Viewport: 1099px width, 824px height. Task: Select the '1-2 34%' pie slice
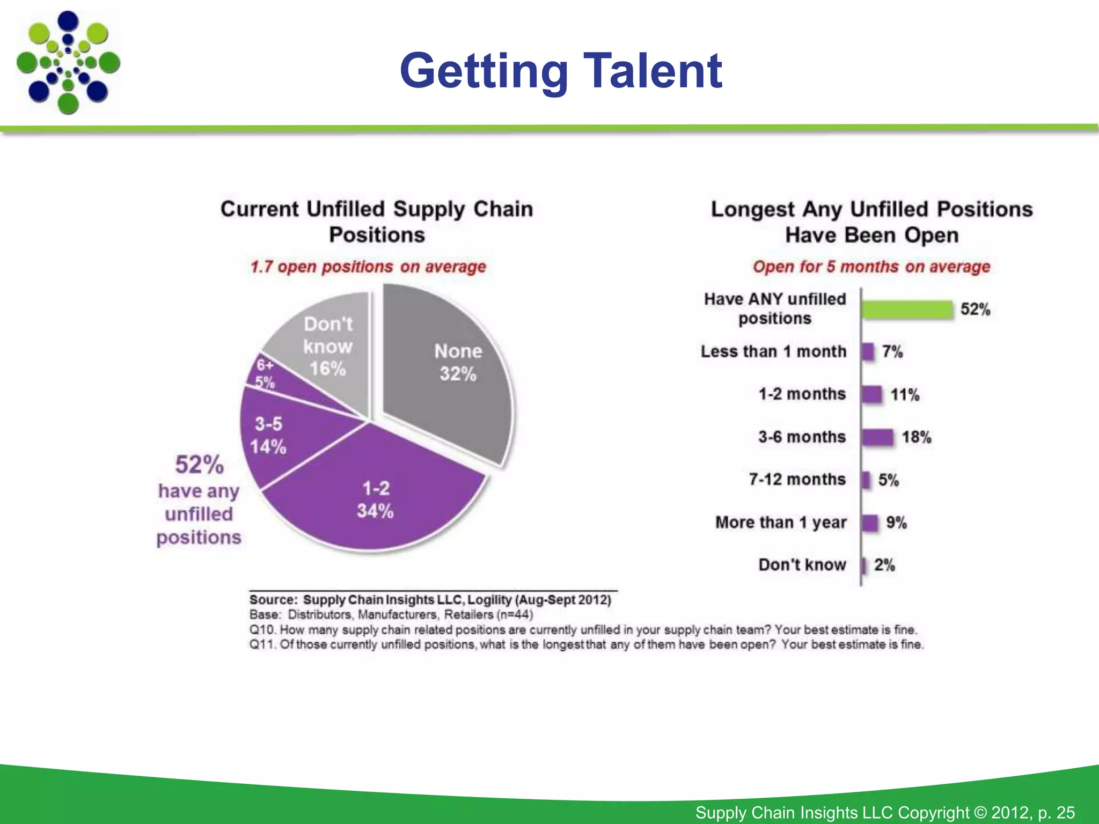pyautogui.click(x=376, y=499)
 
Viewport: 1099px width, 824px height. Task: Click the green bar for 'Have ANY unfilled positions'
pyautogui.click(x=907, y=310)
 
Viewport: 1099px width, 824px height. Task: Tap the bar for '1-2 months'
pyautogui.click(x=872, y=394)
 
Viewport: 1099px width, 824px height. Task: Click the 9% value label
pyautogui.click(x=896, y=523)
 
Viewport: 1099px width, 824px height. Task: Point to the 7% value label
pyautogui.click(x=892, y=352)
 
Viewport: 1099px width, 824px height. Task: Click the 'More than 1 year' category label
pyautogui.click(x=781, y=523)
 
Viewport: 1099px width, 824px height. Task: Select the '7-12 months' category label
pyautogui.click(x=797, y=480)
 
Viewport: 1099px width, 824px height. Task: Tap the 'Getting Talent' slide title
pyautogui.click(x=561, y=71)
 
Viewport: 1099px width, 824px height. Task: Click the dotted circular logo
pyautogui.click(x=68, y=63)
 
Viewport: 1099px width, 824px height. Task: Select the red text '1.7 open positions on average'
pyautogui.click(x=368, y=267)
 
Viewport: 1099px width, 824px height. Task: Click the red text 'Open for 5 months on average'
pyautogui.click(x=871, y=267)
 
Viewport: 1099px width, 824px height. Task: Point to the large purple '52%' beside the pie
pyautogui.click(x=199, y=465)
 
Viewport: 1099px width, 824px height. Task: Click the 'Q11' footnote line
pyautogui.click(x=586, y=644)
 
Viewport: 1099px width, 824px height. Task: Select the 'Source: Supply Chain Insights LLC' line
pyautogui.click(x=430, y=600)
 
